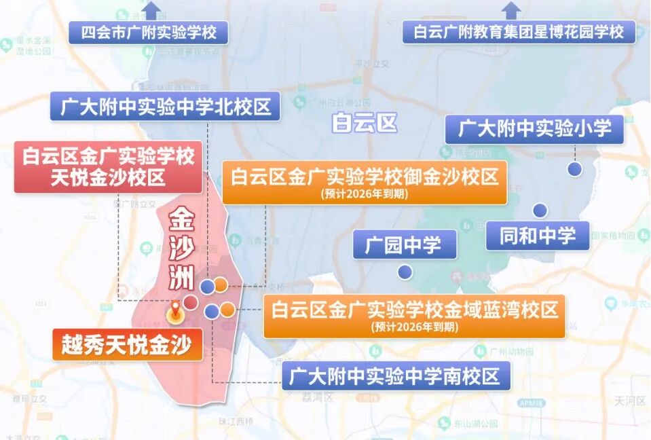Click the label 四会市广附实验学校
149,32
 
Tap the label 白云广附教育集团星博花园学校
519,32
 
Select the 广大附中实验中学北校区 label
165,107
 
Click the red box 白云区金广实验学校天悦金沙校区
109,167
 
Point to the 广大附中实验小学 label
534,128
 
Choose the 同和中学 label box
537,236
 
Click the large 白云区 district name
363,123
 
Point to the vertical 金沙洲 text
181,248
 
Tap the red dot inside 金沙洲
191,301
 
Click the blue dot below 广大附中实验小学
575,169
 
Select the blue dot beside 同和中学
540,210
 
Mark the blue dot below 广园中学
405,272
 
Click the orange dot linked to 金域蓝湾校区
227,310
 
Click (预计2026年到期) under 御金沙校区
365,194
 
